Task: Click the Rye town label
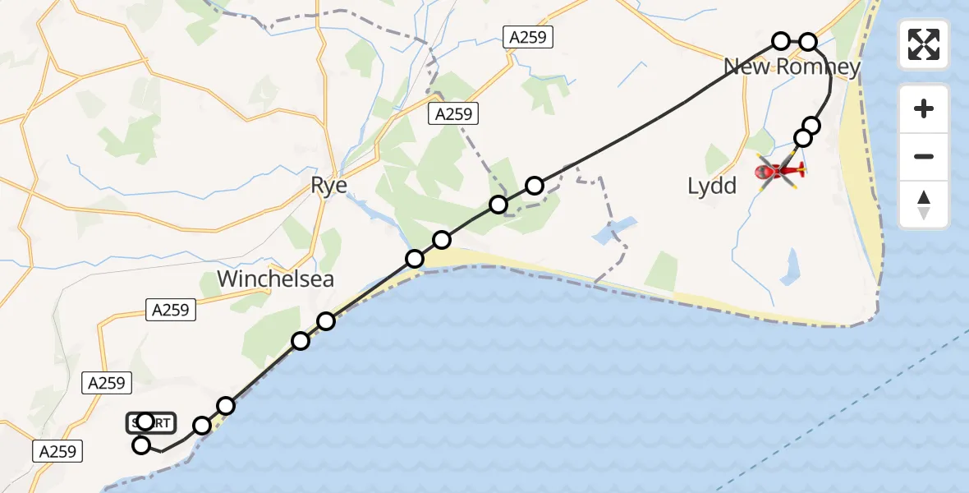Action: click(328, 186)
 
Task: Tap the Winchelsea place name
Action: click(275, 279)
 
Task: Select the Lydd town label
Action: click(712, 186)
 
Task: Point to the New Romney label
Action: click(792, 67)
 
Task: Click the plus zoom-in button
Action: click(924, 108)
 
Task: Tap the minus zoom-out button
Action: click(924, 156)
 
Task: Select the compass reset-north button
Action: click(924, 205)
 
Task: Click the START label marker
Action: click(151, 423)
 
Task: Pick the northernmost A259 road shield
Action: click(527, 37)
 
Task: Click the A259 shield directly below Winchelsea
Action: click(171, 310)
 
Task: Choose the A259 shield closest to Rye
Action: click(453, 115)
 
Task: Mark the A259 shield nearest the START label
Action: click(107, 382)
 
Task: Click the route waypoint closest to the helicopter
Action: click(803, 138)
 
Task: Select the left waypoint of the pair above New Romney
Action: click(781, 41)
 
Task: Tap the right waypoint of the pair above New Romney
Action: click(809, 42)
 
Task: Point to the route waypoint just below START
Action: click(141, 445)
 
